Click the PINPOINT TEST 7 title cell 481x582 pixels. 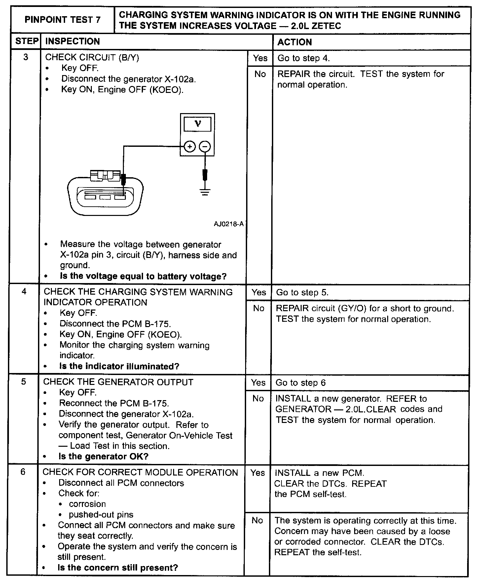[x=62, y=20]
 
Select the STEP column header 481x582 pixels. [x=26, y=41]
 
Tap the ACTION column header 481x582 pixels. [x=294, y=42]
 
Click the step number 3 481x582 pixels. [x=26, y=57]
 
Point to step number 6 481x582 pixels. [x=23, y=472]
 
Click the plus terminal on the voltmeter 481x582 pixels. [x=189, y=146]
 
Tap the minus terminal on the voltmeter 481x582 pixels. [x=205, y=146]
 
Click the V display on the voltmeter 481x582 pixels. [x=198, y=124]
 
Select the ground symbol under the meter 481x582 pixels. [x=205, y=191]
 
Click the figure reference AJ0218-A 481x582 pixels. [x=229, y=224]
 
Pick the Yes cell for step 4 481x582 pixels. [x=259, y=292]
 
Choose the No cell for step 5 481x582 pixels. [x=258, y=398]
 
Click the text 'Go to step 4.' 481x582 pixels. [x=303, y=58]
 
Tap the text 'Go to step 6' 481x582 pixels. [x=300, y=383]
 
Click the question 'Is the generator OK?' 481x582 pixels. [x=103, y=457]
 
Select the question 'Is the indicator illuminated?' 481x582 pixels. [x=119, y=366]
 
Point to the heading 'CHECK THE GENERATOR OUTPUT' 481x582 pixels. [x=118, y=382]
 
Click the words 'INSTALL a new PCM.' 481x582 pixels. [x=319, y=473]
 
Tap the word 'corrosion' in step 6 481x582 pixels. [x=87, y=504]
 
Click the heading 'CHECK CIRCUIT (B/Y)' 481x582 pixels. [x=92, y=57]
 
